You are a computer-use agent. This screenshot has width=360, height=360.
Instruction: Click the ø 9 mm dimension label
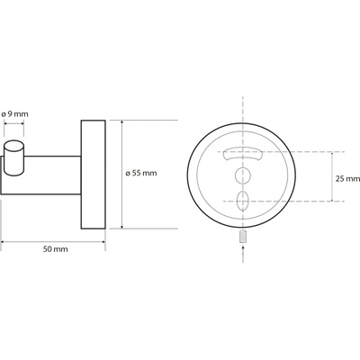coord(14,114)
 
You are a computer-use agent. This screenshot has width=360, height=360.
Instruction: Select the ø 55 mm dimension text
coord(141,173)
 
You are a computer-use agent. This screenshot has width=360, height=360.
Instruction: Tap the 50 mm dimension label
coord(56,249)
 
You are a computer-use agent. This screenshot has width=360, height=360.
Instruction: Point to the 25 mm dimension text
coord(347,179)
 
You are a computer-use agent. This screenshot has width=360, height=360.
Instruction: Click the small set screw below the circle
coord(243,236)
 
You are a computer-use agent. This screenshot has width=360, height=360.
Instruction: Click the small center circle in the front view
coord(243,175)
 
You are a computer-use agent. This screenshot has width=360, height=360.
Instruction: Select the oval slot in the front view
coord(243,201)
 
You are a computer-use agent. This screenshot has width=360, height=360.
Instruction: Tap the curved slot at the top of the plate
coord(242,154)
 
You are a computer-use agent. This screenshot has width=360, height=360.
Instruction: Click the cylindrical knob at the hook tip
coord(13,157)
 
